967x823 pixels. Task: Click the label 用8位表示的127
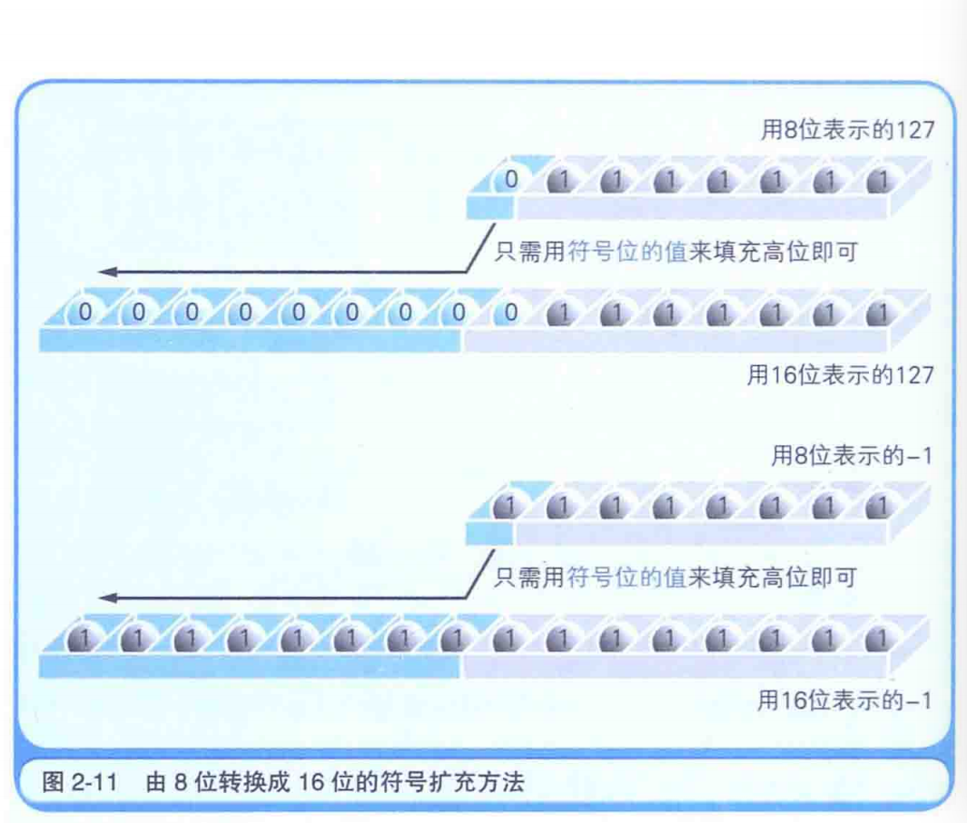click(x=846, y=130)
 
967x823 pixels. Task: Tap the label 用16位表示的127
click(x=840, y=374)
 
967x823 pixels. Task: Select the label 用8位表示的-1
click(x=852, y=456)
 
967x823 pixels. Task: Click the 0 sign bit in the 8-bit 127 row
click(x=510, y=180)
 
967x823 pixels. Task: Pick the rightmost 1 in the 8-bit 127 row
click(x=877, y=181)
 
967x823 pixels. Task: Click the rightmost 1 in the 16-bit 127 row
click(x=877, y=313)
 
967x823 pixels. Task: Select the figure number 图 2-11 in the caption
click(x=81, y=782)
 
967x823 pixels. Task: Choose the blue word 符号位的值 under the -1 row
click(x=627, y=578)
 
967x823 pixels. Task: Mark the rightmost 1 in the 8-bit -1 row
click(x=877, y=507)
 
